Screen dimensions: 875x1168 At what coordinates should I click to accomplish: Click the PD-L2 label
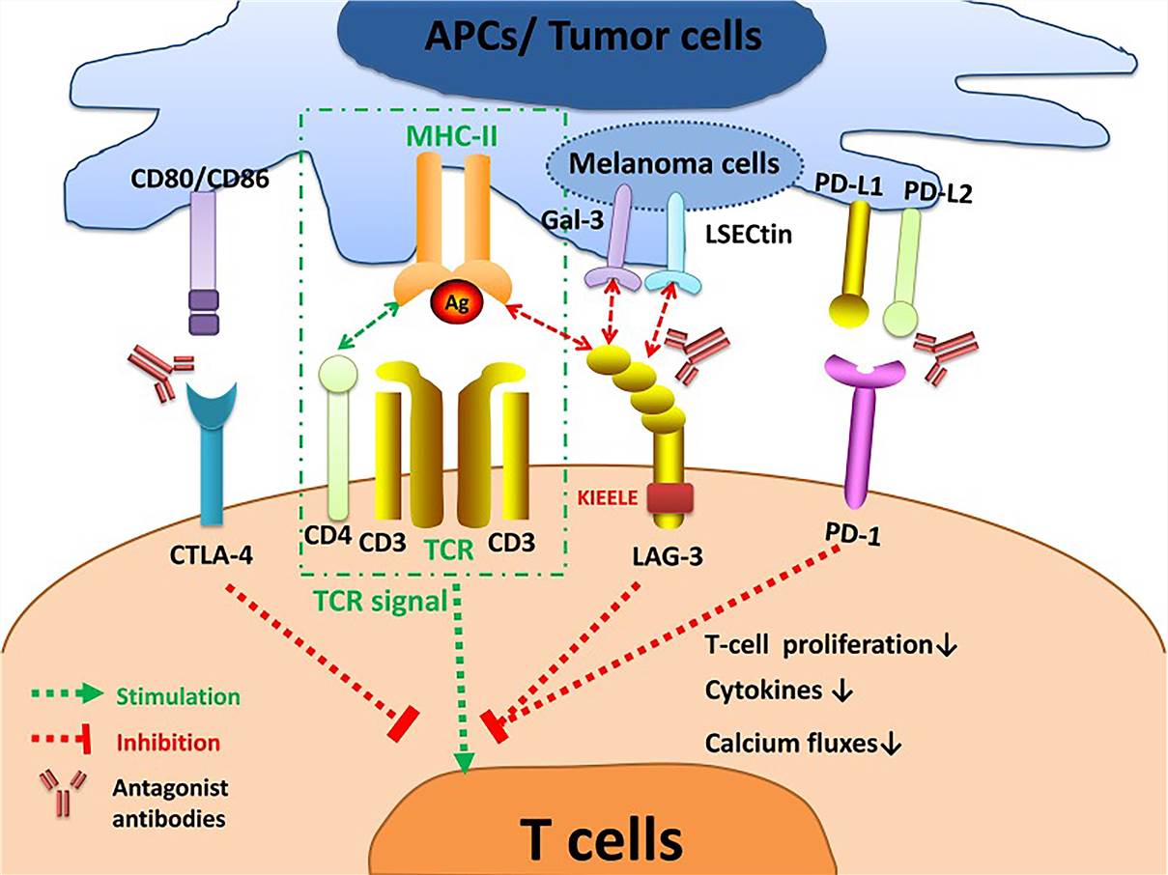point(937,193)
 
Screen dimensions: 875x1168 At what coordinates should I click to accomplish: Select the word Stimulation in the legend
point(177,695)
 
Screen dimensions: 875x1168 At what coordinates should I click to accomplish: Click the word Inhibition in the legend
point(168,743)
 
